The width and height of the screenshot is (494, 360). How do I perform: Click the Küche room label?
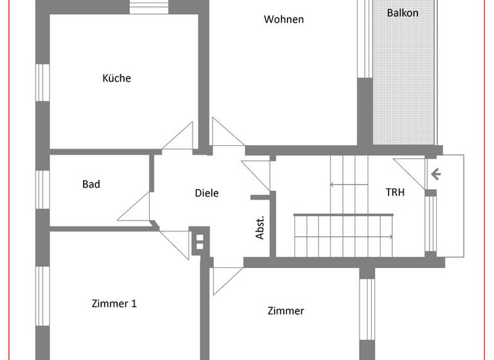[x=116, y=78]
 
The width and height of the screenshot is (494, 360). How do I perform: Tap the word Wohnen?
[x=284, y=19]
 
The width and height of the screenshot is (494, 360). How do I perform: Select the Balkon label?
[x=403, y=13]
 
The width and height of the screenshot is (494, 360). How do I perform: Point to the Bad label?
[x=91, y=184]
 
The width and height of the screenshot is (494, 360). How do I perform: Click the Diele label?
[x=206, y=193]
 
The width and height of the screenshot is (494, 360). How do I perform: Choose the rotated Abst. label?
[x=261, y=228]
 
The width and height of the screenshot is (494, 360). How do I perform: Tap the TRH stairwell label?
[x=395, y=192]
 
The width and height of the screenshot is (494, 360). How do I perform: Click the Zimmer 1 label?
[x=114, y=303]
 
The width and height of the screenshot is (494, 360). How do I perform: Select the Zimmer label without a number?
[x=286, y=311]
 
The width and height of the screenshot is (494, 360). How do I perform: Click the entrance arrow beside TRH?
[x=435, y=173]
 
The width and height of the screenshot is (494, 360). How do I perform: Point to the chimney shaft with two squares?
[x=199, y=242]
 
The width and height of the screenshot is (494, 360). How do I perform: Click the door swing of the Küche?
[x=179, y=137]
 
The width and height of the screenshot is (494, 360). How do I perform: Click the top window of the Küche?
[x=149, y=7]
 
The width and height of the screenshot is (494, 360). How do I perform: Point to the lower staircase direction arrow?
[x=343, y=237]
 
